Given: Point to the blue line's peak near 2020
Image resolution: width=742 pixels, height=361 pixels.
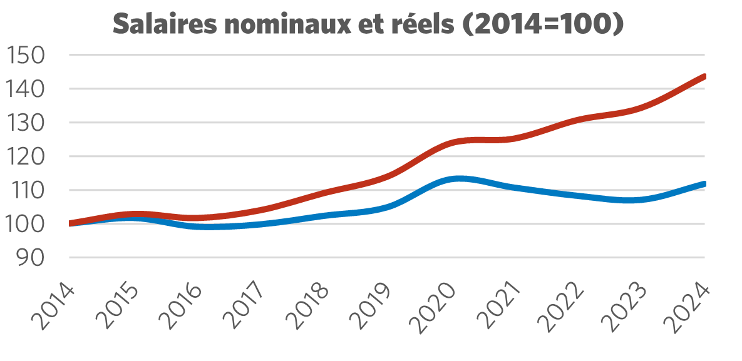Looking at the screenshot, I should pyautogui.click(x=459, y=178).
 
